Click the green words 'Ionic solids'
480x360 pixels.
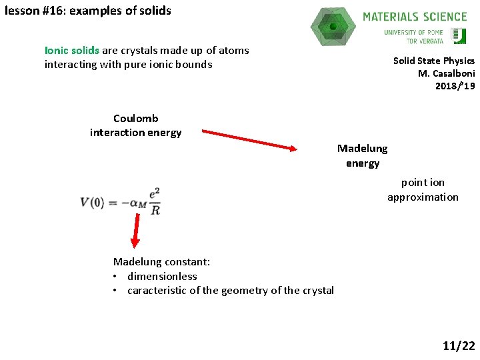[72, 51]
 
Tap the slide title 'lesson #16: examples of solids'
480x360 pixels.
[87, 11]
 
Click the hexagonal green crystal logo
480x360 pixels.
[333, 27]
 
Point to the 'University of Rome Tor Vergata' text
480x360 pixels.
[413, 36]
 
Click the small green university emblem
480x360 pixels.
[458, 36]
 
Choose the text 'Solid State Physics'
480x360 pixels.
[433, 61]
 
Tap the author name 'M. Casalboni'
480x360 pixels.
[446, 73]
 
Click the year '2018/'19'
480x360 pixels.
[455, 86]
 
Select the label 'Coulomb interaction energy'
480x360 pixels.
[136, 125]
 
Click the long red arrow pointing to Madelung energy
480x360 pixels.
[249, 140]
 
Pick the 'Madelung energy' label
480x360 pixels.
[362, 155]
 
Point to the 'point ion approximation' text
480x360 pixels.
[423, 189]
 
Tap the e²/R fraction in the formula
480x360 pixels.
[154, 201]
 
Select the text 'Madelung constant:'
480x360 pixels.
[161, 262]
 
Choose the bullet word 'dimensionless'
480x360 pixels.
[162, 276]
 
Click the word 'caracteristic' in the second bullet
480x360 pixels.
[159, 290]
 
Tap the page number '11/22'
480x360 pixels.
[459, 345]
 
